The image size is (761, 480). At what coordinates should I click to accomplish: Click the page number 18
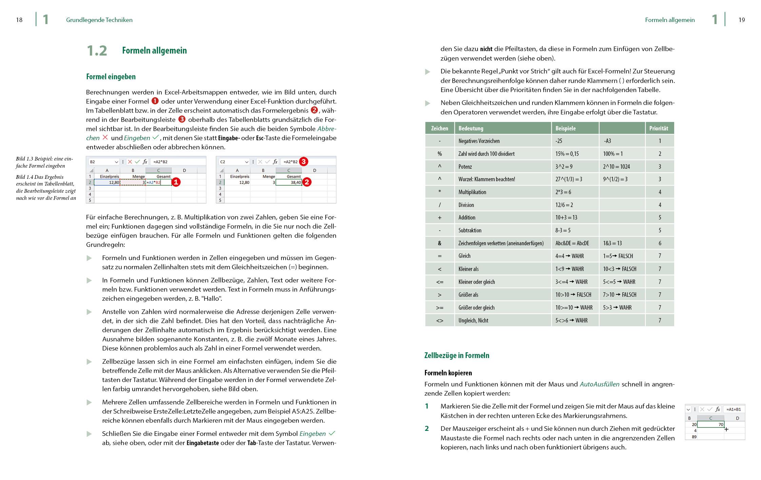19,20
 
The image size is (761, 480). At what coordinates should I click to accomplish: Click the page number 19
741,20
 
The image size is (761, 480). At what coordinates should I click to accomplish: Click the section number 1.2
97,51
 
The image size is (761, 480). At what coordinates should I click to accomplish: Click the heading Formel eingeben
111,77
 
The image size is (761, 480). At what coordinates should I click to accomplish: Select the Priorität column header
658,128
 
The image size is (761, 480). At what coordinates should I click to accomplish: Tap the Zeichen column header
440,128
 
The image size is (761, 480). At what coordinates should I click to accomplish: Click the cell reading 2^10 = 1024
616,166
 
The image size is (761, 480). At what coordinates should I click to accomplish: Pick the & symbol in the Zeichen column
440,243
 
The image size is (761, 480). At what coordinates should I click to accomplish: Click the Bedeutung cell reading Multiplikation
472,192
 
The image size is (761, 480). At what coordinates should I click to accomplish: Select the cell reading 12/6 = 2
564,205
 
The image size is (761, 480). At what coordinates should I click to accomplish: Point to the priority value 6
660,243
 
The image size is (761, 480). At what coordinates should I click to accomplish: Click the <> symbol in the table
440,320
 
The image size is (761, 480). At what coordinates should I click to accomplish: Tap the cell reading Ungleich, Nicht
473,320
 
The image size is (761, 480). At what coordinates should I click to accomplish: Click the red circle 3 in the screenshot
304,162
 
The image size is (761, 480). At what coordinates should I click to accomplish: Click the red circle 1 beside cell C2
176,182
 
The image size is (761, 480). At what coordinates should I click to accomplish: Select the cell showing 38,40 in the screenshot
289,182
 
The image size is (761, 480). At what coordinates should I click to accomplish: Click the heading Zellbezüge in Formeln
456,355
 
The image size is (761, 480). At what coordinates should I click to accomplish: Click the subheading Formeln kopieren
448,373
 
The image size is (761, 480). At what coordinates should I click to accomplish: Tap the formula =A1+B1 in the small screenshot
734,409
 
